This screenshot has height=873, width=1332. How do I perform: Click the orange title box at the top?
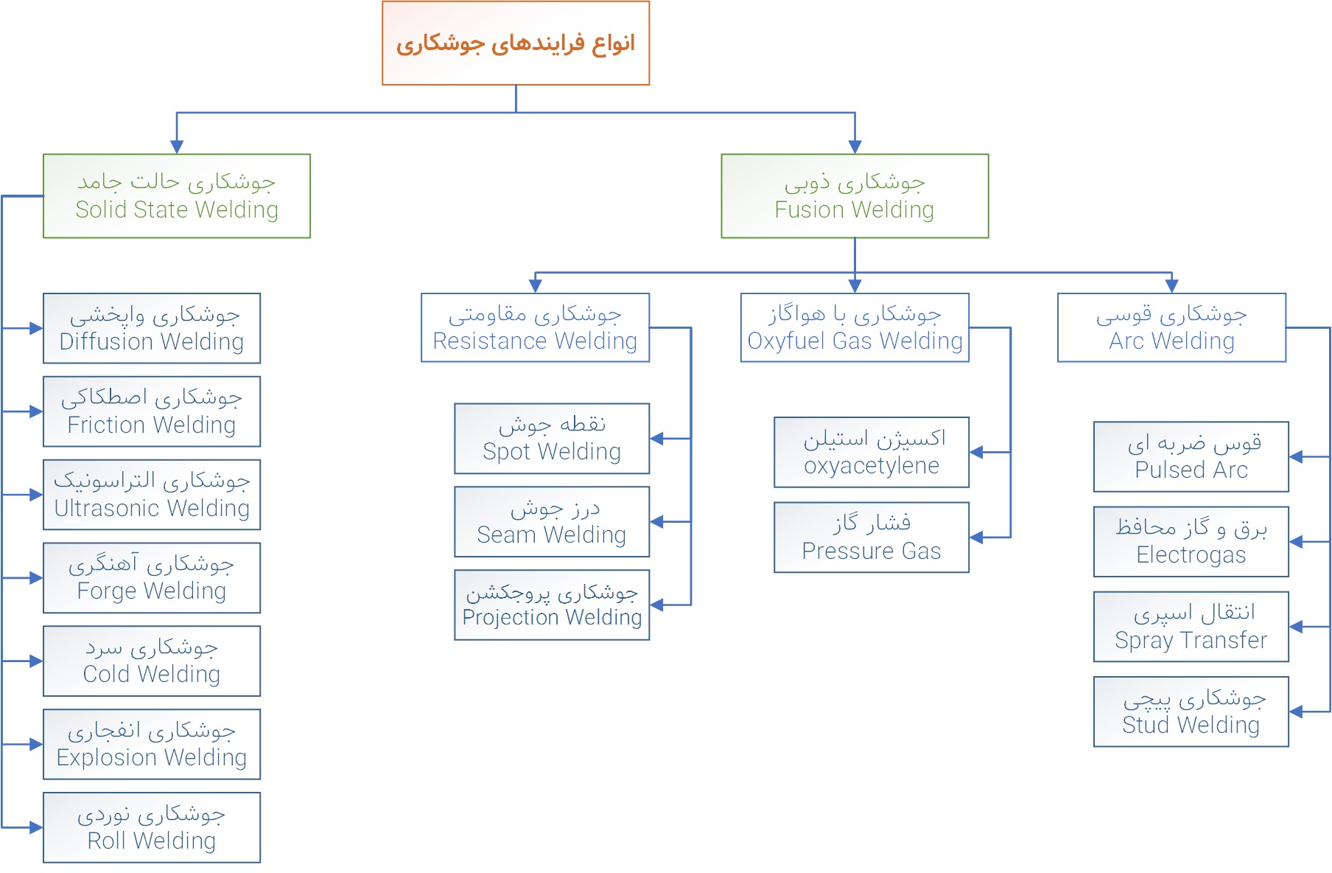[516, 43]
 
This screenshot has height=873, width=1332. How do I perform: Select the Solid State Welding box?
[177, 196]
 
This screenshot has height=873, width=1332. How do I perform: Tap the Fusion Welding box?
[855, 196]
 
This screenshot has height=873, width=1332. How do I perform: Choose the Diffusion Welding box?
[152, 328]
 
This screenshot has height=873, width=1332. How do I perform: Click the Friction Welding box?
[152, 411]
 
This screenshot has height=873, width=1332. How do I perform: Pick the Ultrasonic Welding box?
[152, 495]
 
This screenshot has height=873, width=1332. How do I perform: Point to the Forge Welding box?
[152, 578]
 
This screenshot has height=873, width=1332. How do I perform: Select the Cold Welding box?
[152, 661]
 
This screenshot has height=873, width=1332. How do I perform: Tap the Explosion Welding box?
[152, 745]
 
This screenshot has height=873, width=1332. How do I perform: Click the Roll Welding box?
[152, 828]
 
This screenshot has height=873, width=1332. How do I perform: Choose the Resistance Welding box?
[536, 327]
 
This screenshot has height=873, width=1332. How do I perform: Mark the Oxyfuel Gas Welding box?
[855, 327]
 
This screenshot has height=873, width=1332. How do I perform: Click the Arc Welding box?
[1172, 327]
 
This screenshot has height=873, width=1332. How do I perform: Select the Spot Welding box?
[552, 439]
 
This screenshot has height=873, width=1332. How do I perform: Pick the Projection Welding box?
[552, 605]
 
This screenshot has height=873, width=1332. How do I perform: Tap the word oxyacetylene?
[872, 466]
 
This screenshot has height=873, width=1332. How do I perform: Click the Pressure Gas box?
[872, 538]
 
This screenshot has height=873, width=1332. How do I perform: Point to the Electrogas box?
[1191, 542]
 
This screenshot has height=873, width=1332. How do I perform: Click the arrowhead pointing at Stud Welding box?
[1297, 712]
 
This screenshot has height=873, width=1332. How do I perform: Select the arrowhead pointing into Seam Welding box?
[657, 522]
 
